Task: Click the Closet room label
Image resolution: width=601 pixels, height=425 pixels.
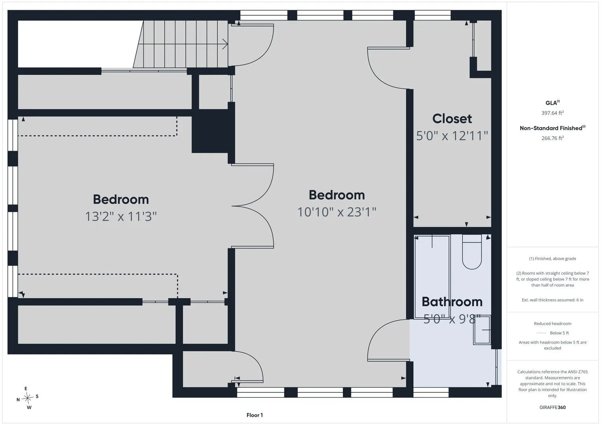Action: pos(452,119)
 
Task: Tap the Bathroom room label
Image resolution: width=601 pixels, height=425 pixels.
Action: pos(452,302)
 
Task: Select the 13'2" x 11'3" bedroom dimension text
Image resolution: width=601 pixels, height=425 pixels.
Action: pos(121,216)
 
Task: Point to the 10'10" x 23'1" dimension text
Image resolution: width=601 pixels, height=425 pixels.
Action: pos(337,212)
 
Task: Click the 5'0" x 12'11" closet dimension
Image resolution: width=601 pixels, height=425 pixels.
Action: pos(452,136)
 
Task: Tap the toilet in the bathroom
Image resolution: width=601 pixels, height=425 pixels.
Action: pos(472,252)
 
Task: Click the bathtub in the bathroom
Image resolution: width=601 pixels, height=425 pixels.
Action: pos(432,277)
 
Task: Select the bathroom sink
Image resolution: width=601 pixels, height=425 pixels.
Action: pos(482,330)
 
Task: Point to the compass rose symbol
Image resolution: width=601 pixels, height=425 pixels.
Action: pos(28,397)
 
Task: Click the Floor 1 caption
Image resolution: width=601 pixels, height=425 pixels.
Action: pos(255,415)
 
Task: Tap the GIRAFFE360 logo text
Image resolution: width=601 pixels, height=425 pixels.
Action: pos(553,407)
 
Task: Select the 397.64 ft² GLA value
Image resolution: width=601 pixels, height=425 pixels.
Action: pos(553,113)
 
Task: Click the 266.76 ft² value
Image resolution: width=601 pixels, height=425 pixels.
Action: pos(553,138)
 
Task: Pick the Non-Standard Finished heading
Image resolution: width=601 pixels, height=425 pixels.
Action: pos(553,128)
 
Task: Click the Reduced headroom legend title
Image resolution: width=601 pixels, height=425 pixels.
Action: pos(553,323)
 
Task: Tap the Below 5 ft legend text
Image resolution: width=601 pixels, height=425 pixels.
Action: pos(559,333)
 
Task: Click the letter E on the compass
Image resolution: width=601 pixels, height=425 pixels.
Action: pos(26,388)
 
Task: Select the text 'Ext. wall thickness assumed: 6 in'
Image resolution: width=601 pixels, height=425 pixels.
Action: pos(553,300)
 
